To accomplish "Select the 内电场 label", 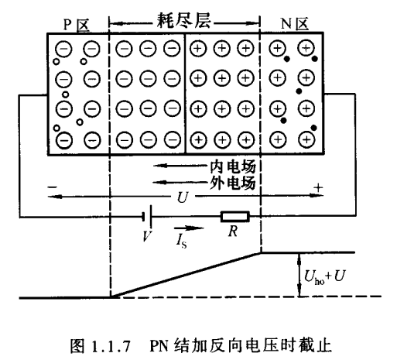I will tap(232, 166).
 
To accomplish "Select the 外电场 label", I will tap(232, 183).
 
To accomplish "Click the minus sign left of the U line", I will tap(51, 187).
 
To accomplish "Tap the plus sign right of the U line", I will tap(317, 187).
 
